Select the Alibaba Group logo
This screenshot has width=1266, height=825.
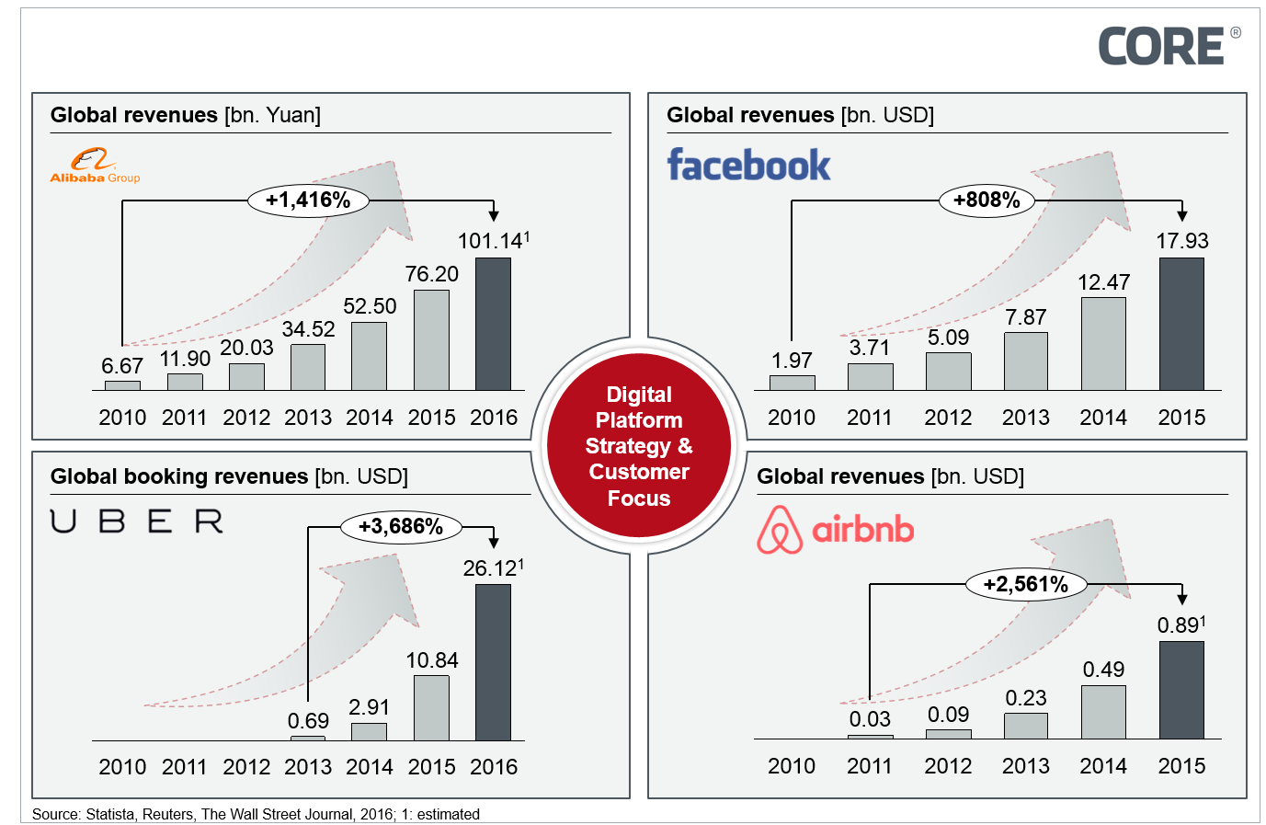[x=95, y=166]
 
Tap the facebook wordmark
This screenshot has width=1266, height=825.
[x=748, y=166]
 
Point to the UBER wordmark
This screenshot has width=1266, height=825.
[x=137, y=521]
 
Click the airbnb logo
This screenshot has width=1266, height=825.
[x=835, y=530]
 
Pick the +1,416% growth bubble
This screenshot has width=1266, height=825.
[x=308, y=201]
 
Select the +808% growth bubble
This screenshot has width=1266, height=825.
[x=987, y=200]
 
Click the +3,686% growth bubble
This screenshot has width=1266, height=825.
[x=401, y=527]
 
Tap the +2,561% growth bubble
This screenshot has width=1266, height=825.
[x=1025, y=584]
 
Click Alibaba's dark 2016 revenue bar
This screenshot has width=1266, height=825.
[x=493, y=324]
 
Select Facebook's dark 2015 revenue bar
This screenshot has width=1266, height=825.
[x=1181, y=324]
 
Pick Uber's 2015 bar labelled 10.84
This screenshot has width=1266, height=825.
[x=431, y=708]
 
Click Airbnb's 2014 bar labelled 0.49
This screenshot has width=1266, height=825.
[x=1103, y=712]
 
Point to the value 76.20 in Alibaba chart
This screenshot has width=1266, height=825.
[x=431, y=274]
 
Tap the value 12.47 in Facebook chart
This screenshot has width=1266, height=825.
[x=1103, y=282]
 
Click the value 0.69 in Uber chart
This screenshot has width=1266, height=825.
[x=308, y=721]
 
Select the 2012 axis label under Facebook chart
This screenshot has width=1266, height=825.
[x=948, y=418]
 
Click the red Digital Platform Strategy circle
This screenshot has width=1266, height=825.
[x=639, y=446]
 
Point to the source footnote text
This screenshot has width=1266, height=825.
[x=256, y=814]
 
